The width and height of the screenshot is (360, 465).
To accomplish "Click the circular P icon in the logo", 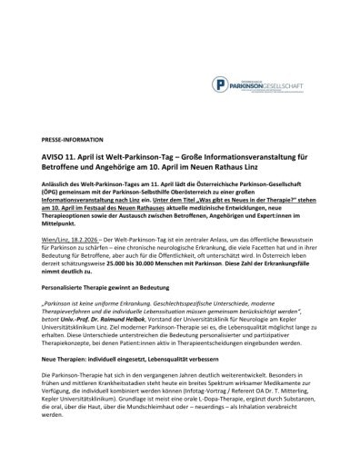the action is pyautogui.click(x=220, y=84).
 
